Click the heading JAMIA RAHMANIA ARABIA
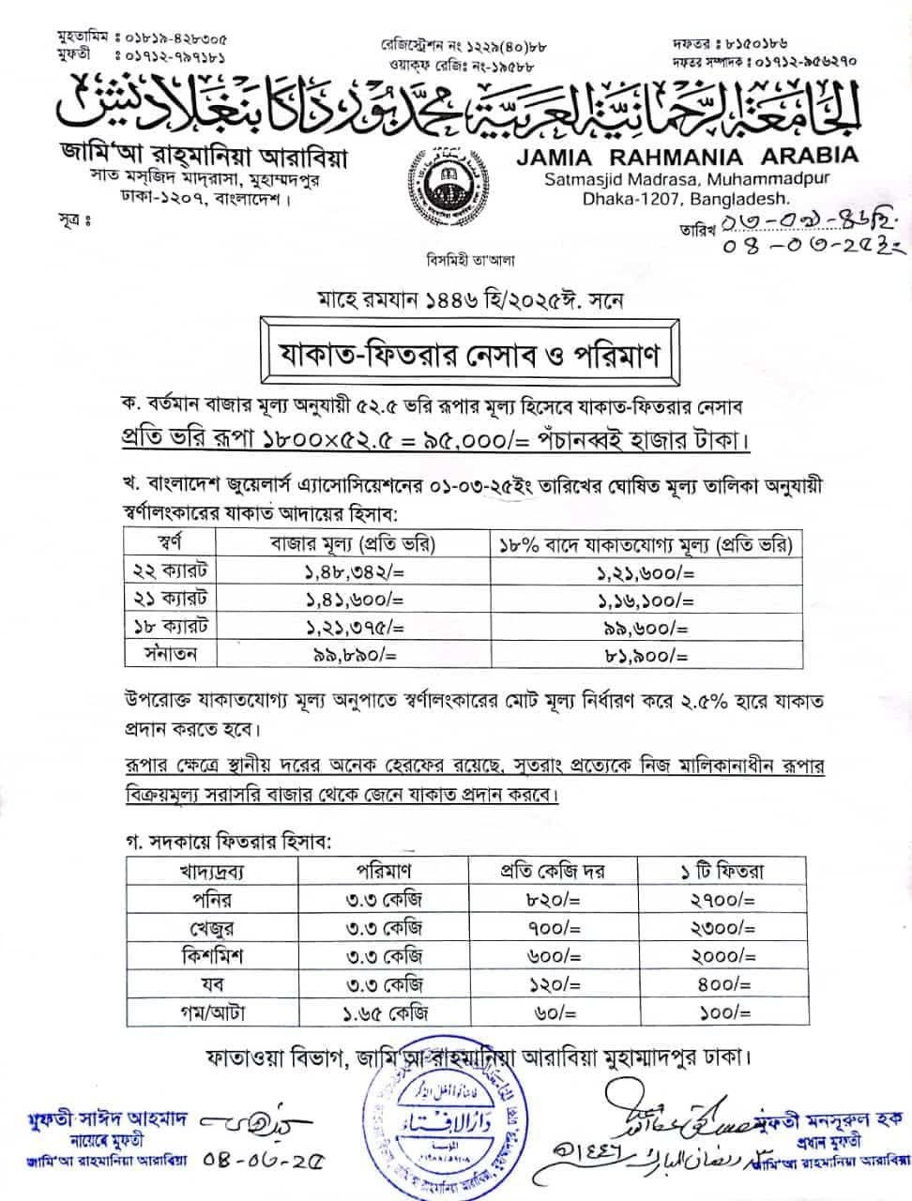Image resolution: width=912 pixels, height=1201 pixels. tap(687, 156)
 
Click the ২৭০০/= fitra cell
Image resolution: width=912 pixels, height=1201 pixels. tap(722, 900)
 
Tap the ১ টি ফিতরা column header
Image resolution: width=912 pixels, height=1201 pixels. tap(722, 871)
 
